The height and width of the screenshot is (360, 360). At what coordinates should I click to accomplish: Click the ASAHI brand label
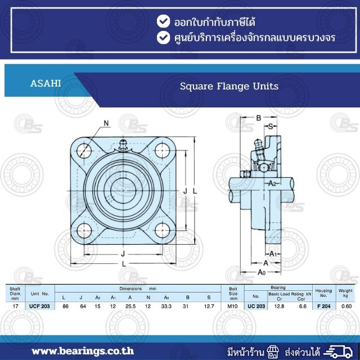(x=46, y=84)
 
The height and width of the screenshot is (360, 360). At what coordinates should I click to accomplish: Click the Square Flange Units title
(x=229, y=87)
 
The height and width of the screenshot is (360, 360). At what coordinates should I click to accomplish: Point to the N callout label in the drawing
(x=106, y=123)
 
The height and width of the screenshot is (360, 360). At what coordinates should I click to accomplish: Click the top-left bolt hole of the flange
(x=85, y=150)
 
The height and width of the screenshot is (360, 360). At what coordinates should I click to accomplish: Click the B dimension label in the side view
(x=258, y=118)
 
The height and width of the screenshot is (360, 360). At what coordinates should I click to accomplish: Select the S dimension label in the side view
(x=270, y=127)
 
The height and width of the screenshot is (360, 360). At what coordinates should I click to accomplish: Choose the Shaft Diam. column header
(x=15, y=293)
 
